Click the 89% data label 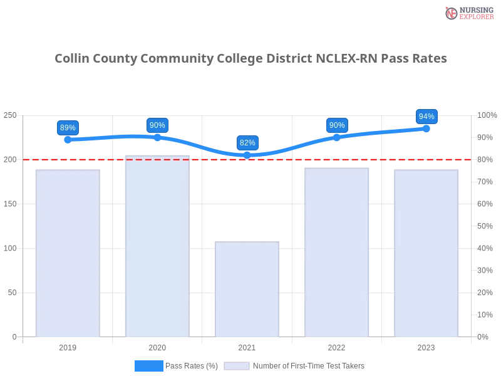[68, 128]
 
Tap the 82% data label [247, 143]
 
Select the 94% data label [426, 117]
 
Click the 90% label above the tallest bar [157, 125]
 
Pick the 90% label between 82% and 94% [337, 125]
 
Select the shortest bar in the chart [247, 290]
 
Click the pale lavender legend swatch [237, 366]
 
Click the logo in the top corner [468, 13]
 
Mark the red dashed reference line [351, 159]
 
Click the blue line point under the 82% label [247, 155]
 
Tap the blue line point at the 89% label [68, 139]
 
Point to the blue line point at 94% [426, 128]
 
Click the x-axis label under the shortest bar [247, 346]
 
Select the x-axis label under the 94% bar [426, 346]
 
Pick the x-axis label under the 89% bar [68, 346]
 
